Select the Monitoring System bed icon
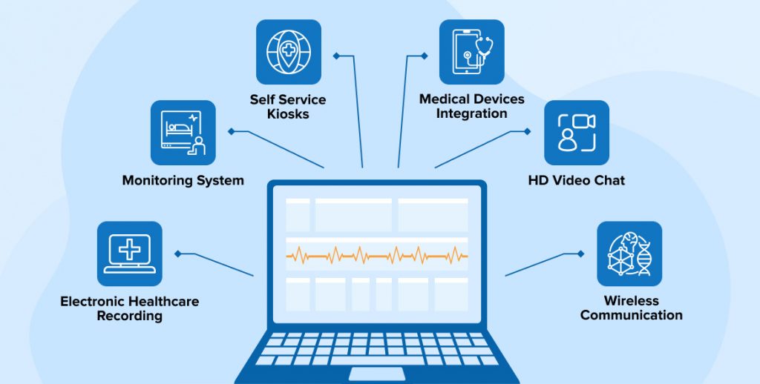click(x=183, y=133)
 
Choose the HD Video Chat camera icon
click(x=577, y=133)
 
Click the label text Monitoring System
click(x=183, y=180)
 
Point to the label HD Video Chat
click(x=576, y=180)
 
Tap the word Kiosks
click(x=289, y=114)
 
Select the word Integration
click(x=471, y=113)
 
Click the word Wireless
click(x=631, y=301)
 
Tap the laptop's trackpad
click(x=376, y=374)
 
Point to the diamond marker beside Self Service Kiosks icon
click(x=336, y=56)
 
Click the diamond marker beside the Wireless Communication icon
click(x=580, y=254)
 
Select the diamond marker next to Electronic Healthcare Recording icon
click(x=178, y=254)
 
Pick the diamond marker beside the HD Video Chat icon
click(x=527, y=131)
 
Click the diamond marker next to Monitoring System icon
click(x=232, y=131)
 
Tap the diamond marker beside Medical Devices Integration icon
click(x=424, y=56)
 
